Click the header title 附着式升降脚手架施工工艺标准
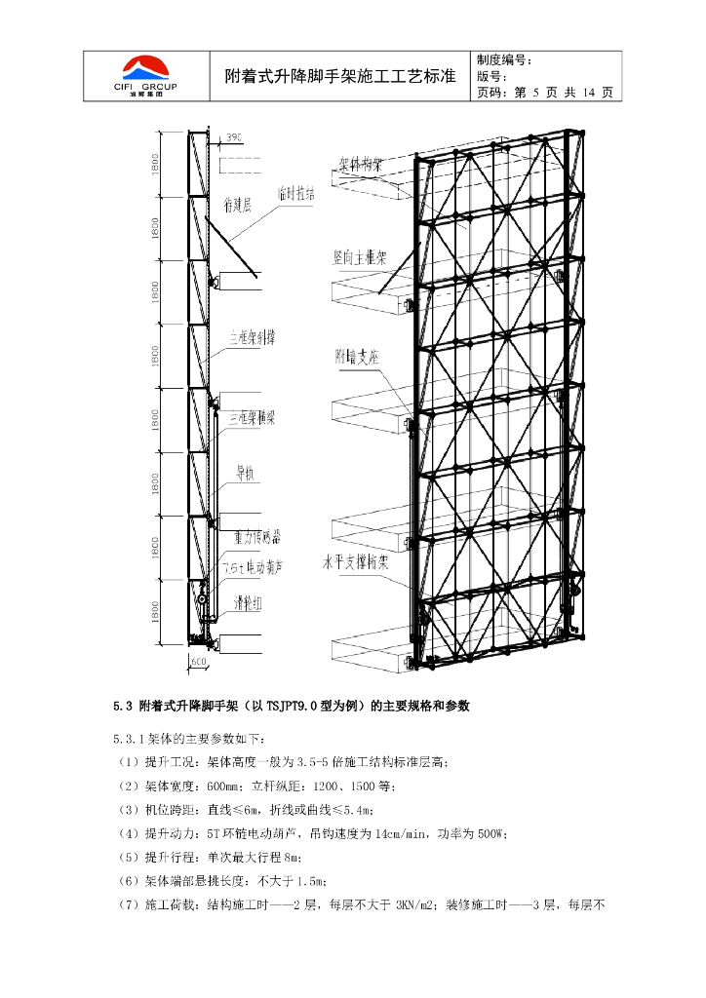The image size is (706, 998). pos(340,75)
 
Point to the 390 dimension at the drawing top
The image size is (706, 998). pos(234,137)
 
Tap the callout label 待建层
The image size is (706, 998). pos(239,206)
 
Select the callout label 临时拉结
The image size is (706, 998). pos(296,194)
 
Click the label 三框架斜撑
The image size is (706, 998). pos(252,337)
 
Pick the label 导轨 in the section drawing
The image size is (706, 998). pos(244,474)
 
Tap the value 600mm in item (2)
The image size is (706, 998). pos(213,785)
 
